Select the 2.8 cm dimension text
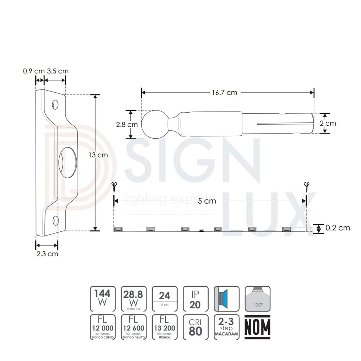(127, 125)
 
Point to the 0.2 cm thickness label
(338, 228)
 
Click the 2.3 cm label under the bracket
(47, 254)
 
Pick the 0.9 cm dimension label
(33, 71)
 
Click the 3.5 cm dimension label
(58, 71)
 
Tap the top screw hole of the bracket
(55, 105)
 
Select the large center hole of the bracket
(68, 161)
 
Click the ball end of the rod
(153, 124)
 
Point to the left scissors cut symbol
(114, 186)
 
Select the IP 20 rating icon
(195, 299)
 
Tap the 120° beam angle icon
(257, 299)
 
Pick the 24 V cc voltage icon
(164, 299)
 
